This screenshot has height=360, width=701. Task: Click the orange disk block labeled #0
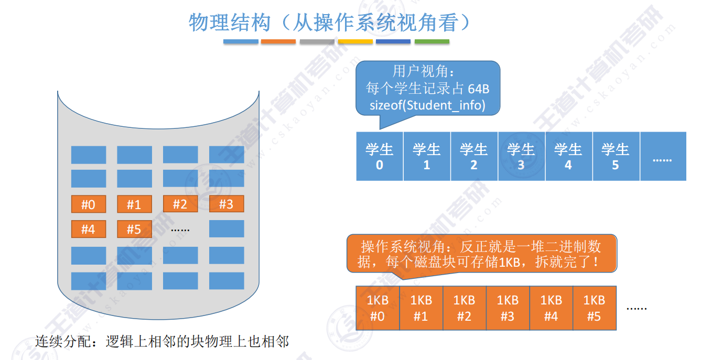[88, 204]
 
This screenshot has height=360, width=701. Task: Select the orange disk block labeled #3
[226, 204]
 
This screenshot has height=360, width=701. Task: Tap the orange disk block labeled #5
[134, 229]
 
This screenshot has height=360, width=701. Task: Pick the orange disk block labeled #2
[180, 204]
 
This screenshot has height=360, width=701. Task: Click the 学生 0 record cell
[379, 157]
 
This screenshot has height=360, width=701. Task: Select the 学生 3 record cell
[521, 157]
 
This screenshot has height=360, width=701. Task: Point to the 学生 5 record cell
[616, 157]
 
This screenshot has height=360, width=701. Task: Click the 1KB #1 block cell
[421, 308]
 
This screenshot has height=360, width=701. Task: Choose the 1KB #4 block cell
[551, 308]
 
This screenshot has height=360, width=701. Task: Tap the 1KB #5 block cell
[594, 308]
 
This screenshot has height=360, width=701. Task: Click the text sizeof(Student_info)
[427, 105]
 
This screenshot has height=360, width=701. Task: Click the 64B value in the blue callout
[478, 89]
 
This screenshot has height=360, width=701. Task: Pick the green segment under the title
[432, 41]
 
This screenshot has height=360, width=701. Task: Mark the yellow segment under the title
[355, 41]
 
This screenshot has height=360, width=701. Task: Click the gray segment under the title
[317, 41]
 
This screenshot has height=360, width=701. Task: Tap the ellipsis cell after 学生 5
[662, 157]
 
